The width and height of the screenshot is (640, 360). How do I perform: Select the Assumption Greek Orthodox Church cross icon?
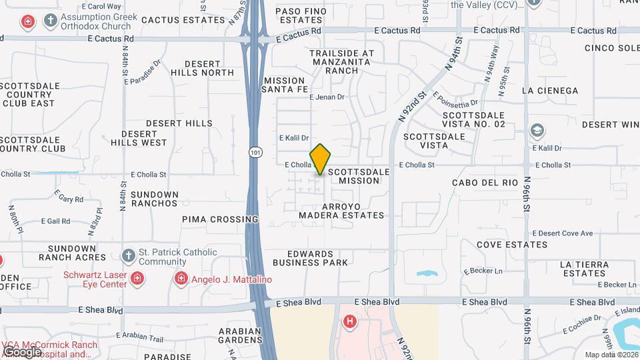[x=50, y=21]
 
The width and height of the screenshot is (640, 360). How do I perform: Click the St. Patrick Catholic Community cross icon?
[x=128, y=256]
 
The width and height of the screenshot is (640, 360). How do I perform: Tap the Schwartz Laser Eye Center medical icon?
[x=137, y=278]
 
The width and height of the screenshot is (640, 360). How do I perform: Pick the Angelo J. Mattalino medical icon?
[x=180, y=278]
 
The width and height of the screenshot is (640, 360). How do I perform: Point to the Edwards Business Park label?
[x=311, y=258]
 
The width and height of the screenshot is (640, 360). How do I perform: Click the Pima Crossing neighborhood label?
[x=220, y=219]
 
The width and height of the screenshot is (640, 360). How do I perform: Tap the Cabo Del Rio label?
[x=485, y=182]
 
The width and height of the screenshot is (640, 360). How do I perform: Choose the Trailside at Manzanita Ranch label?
[x=341, y=61]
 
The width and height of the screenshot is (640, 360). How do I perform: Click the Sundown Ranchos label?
[x=155, y=199]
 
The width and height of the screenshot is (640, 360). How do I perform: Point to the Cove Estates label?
[x=512, y=245]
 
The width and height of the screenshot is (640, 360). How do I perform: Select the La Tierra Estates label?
[x=585, y=269]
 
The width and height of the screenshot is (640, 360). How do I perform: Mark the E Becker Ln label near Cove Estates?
[x=483, y=271]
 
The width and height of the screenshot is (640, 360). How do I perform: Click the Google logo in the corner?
[x=23, y=351]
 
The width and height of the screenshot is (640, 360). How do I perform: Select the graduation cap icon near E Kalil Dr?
[x=537, y=130]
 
